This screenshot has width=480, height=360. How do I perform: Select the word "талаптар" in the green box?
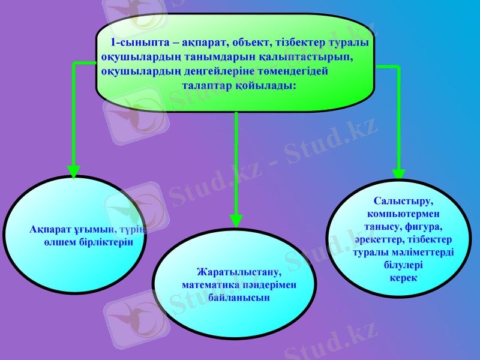pos(207,86)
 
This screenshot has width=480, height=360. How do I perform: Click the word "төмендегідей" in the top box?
pos(292,71)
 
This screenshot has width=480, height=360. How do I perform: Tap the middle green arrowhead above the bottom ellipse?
pos(236,222)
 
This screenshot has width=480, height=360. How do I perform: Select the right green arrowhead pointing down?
pos(398,172)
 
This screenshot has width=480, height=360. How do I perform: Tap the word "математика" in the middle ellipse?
pos(207,285)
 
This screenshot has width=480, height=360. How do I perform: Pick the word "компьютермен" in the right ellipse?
pos(403,214)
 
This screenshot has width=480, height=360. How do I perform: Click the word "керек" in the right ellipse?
pos(403,278)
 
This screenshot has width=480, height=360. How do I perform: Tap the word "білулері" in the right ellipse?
pos(403,265)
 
